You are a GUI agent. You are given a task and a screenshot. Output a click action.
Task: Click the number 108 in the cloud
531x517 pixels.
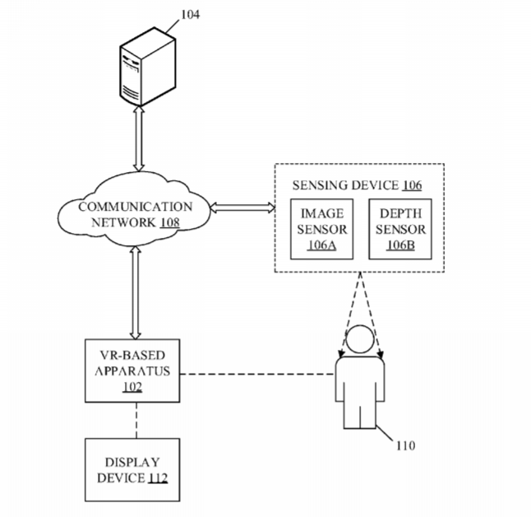(169, 222)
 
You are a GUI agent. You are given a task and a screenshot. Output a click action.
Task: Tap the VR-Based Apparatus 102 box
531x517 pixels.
(131, 371)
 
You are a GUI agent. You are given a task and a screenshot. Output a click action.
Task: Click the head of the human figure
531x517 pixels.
(358, 341)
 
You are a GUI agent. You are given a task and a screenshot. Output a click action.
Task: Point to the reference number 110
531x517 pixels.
(405, 445)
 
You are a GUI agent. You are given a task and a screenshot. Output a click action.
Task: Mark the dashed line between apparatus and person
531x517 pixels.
(255, 376)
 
